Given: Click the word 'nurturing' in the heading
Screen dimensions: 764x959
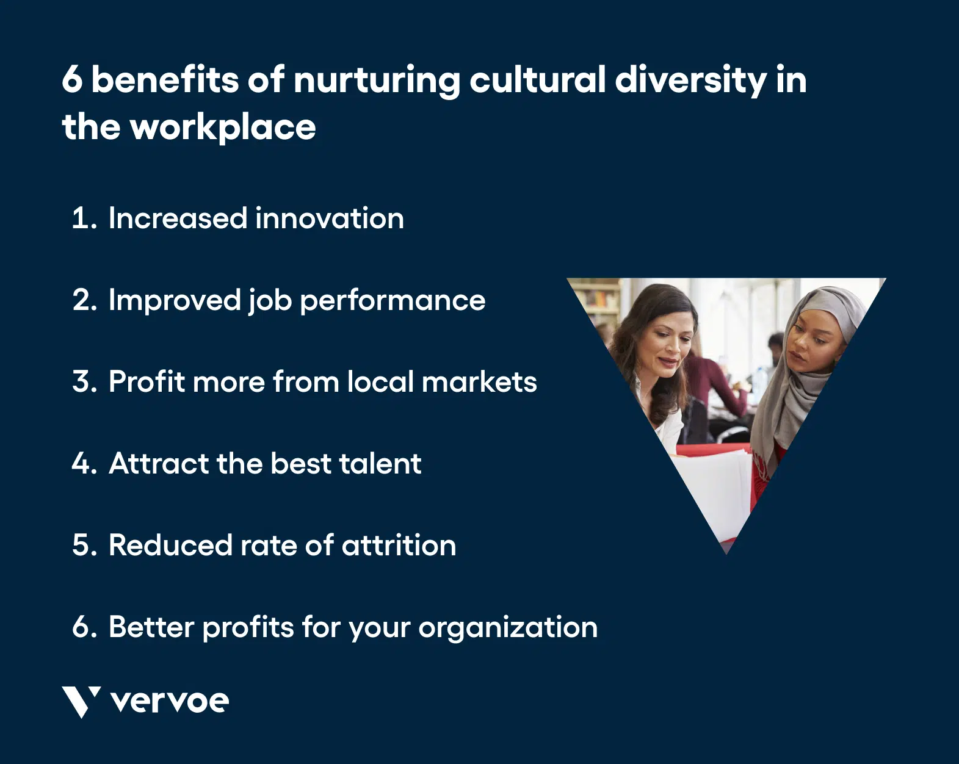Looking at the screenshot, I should click(376, 81).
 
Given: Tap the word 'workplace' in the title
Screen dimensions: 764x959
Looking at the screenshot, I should click(223, 128).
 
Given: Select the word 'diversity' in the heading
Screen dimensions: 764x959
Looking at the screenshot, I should click(690, 81).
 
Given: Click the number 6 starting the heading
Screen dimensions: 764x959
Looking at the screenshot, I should click(71, 81).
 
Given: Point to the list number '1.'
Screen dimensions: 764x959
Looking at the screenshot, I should click(84, 218).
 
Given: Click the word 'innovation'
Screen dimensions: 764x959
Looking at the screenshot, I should click(330, 218).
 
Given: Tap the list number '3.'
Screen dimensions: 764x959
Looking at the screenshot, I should click(84, 382).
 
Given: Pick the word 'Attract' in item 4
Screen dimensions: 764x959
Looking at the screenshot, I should click(159, 464).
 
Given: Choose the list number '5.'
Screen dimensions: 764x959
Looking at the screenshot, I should click(84, 546).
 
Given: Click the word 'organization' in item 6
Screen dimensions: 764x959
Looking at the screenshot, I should click(508, 628).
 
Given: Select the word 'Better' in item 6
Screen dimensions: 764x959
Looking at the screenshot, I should click(151, 627).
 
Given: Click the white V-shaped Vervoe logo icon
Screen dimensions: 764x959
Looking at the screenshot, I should click(81, 701).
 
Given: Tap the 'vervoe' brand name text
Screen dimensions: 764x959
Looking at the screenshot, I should click(170, 701).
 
